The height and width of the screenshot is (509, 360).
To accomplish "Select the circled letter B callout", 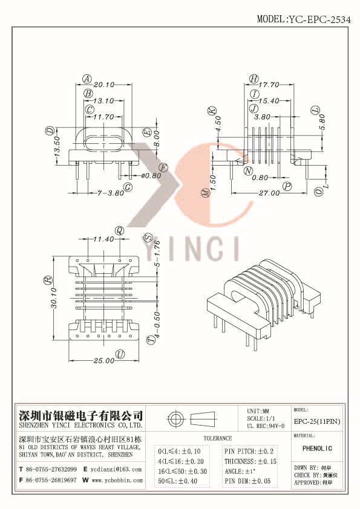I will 88,93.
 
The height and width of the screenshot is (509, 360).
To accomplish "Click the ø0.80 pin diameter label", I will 151,176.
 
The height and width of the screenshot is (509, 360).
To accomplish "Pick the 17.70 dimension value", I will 273,85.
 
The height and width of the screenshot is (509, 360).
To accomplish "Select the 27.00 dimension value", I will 269,193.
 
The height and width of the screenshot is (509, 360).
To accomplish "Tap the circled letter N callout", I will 249,171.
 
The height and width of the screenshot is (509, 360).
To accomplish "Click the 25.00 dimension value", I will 104,361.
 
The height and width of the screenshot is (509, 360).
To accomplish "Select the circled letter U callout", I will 120,354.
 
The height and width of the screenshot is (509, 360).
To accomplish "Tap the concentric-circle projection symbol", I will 177,420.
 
